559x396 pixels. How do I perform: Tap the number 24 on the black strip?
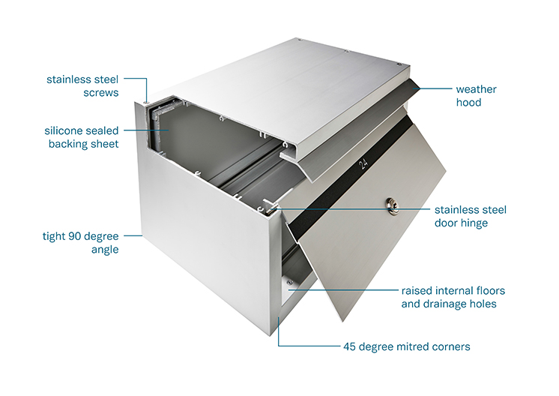tap(363, 163)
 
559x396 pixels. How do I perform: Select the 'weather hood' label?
tap(476, 95)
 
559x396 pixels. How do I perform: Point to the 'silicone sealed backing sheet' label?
tap(81, 137)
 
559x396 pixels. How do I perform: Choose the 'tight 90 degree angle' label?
tap(81, 242)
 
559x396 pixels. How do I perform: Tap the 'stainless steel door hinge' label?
tap(471, 216)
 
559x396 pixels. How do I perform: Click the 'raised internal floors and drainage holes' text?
tap(453, 297)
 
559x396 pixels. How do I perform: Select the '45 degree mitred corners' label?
tap(407, 346)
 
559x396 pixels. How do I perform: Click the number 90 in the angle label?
tap(75, 236)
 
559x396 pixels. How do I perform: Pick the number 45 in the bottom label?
tap(349, 346)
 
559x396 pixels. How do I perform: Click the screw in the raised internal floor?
tap(289, 283)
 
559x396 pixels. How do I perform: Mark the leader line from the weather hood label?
tap(435, 88)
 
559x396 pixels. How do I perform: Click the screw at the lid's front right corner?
tap(399, 65)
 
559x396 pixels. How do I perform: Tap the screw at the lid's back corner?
tap(300, 40)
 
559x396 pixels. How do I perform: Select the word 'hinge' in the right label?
tap(474, 223)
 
